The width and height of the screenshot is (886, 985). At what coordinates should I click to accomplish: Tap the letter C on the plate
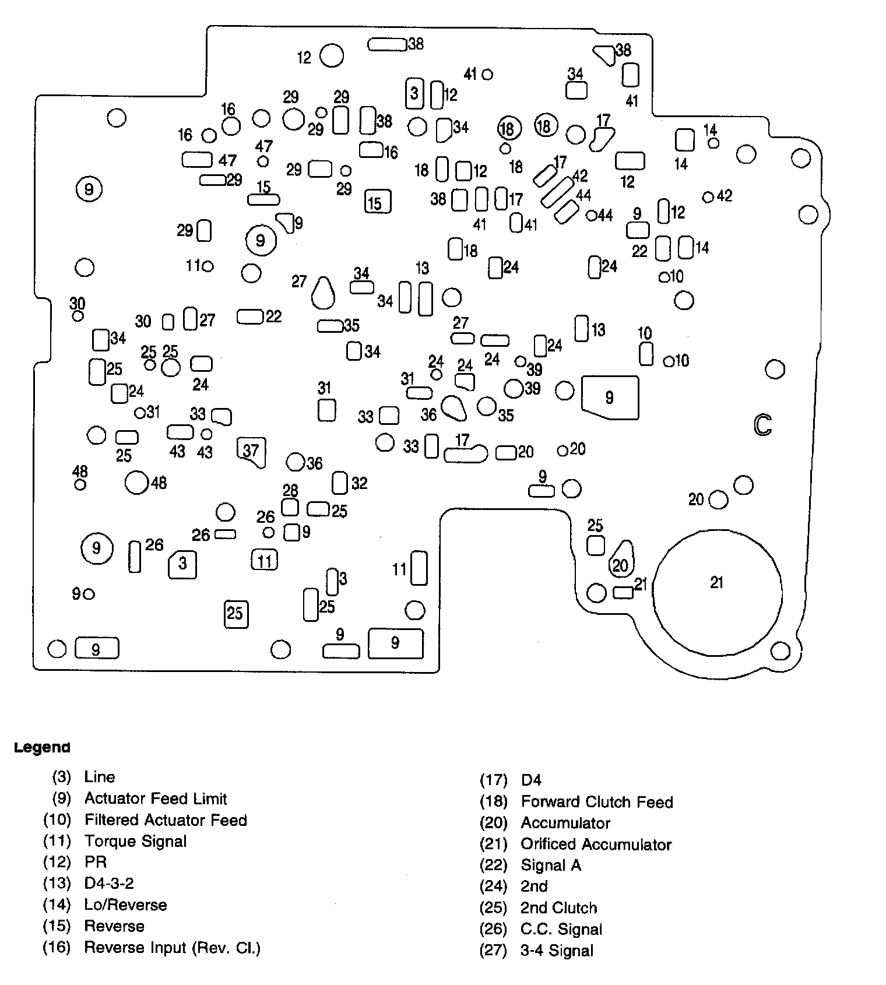pyautogui.click(x=762, y=425)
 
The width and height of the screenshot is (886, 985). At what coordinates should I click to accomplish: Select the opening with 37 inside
pyautogui.click(x=251, y=451)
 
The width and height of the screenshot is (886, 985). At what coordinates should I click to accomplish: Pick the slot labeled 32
pyautogui.click(x=340, y=483)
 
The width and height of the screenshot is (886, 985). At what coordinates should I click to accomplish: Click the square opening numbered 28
pyautogui.click(x=290, y=506)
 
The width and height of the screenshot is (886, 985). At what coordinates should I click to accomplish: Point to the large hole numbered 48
pyautogui.click(x=137, y=482)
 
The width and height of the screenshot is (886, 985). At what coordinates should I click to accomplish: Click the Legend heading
pyautogui.click(x=42, y=747)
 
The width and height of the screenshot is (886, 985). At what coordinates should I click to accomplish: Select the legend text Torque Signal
pyautogui.click(x=135, y=841)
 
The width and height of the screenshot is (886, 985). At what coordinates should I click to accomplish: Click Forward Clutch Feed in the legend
pyautogui.click(x=597, y=802)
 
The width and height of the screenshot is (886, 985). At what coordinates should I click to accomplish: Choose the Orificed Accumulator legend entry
pyautogui.click(x=596, y=844)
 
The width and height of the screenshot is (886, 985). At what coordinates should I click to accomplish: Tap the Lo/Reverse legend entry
pyautogui.click(x=125, y=905)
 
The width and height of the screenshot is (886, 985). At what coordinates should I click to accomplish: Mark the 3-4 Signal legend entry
pyautogui.click(x=557, y=951)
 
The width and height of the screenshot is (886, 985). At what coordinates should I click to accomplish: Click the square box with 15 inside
pyautogui.click(x=378, y=202)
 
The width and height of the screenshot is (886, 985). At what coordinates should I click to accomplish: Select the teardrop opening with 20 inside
pyautogui.click(x=621, y=560)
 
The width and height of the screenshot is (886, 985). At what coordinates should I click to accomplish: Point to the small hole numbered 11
pyautogui.click(x=208, y=266)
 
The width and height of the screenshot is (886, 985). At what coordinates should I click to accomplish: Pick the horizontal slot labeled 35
pyautogui.click(x=330, y=326)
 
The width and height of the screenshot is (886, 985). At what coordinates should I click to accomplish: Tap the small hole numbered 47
pyautogui.click(x=263, y=161)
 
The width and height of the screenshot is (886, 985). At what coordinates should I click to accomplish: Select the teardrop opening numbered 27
pyautogui.click(x=323, y=293)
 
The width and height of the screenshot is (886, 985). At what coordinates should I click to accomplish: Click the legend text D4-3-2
pyautogui.click(x=109, y=883)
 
